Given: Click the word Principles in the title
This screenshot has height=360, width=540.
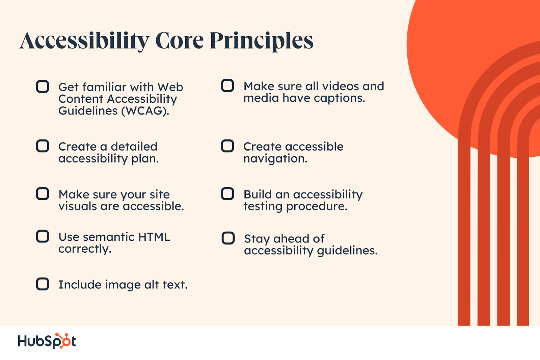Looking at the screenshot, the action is (x=262, y=41).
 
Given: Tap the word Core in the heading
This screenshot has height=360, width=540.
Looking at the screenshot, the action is (x=180, y=41).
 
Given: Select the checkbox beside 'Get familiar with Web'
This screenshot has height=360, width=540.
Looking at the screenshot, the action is (x=43, y=86).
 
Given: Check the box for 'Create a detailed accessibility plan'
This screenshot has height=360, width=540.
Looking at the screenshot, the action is (x=43, y=146).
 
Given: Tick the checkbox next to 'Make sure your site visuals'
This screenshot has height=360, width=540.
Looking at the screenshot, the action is (x=43, y=194).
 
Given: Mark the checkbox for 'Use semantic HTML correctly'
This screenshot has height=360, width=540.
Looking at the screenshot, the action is (x=43, y=236).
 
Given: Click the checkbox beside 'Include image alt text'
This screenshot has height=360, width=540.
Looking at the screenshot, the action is (x=43, y=284).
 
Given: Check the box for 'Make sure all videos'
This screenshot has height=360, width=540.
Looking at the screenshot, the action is (x=227, y=86).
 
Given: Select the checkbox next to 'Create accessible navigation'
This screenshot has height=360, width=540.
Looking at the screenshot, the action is (x=227, y=146).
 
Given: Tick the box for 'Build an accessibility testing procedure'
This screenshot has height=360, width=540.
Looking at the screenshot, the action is (x=227, y=194).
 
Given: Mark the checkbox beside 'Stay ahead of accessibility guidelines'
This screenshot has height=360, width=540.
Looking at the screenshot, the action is (x=228, y=238).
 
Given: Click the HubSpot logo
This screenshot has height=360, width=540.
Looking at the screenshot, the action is (x=47, y=341).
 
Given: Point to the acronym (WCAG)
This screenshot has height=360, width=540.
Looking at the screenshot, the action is (x=145, y=111).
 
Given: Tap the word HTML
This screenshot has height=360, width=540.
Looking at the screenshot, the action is (x=154, y=237).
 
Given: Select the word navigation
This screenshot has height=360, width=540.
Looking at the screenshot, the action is (x=275, y=158).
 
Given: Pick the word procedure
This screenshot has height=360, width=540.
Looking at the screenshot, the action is (x=317, y=207).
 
